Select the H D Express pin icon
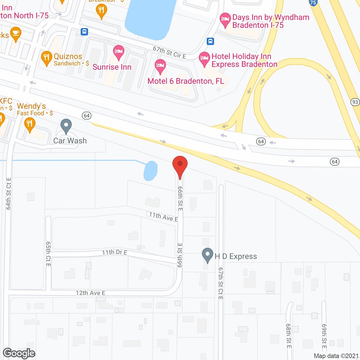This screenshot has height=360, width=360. click(208, 255)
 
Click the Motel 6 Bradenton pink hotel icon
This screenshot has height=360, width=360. click(160, 66)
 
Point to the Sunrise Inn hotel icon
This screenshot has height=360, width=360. click(119, 52)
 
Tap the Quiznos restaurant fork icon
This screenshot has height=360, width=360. click(46, 58)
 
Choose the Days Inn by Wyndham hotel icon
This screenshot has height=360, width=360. click(225, 20)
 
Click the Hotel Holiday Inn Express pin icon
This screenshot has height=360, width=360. click(204, 59)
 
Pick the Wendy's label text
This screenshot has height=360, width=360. click(31, 106)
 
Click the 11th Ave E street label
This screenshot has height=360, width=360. click(163, 217)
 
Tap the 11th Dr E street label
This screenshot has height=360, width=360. click(114, 252)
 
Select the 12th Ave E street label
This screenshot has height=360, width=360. click(90, 293)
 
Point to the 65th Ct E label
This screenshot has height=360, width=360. click(48, 254)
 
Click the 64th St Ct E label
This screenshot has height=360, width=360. click(9, 193)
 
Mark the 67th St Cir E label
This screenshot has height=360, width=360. click(169, 53)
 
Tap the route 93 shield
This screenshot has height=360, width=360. click(355, 102)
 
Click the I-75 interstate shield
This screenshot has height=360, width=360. click(313, 3)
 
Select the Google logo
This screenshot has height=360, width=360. click(19, 353)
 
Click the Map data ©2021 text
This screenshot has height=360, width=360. click(336, 356)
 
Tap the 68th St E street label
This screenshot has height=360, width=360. click(289, 336)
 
